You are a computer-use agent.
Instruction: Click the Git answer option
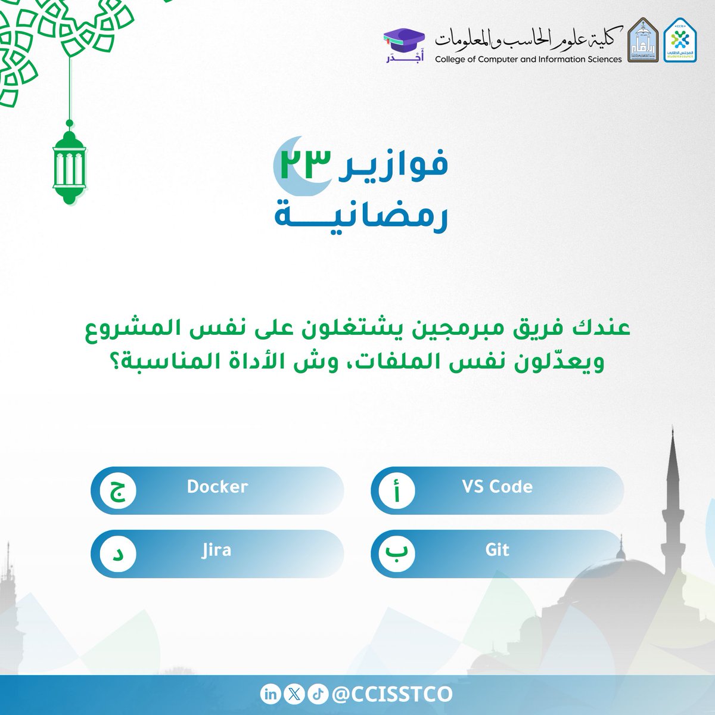pyautogui.click(x=497, y=550)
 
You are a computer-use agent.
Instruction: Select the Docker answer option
pyautogui.click(x=217, y=487)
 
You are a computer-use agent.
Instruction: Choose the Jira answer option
pyautogui.click(x=216, y=550)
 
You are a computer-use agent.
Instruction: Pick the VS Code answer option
pyautogui.click(x=497, y=487)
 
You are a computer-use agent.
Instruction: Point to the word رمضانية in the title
pyautogui.click(x=360, y=215)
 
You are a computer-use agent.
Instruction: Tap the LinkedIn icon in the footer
pyautogui.click(x=269, y=694)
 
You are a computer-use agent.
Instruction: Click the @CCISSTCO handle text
pyautogui.click(x=391, y=694)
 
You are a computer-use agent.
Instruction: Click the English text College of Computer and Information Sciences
pyautogui.click(x=528, y=59)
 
